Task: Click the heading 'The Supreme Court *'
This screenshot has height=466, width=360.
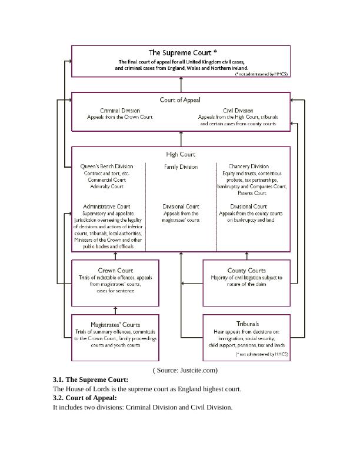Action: coord(181,52)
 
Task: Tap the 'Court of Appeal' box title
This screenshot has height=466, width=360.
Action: coord(181,99)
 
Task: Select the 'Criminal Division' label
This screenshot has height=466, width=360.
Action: coord(120,110)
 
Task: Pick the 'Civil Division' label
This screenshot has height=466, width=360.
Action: coord(238,110)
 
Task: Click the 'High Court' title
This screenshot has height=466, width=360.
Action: coord(181,154)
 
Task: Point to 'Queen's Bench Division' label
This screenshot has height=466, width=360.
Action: coord(106,167)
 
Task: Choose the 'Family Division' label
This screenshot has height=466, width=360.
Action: coord(181,167)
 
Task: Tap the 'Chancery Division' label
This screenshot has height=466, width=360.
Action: coord(248,167)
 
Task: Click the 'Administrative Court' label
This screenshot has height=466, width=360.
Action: coord(106,207)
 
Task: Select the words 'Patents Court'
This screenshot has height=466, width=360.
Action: coord(252,193)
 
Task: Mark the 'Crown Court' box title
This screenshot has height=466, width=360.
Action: coord(116,271)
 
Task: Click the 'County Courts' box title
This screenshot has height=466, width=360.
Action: coord(246,271)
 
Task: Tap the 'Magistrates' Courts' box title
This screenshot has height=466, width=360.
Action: coord(115,324)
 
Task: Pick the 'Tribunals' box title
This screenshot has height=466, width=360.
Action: coord(247,324)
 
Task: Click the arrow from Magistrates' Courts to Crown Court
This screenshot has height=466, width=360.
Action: coord(115,310)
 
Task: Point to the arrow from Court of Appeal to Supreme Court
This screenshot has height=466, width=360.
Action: coord(181,85)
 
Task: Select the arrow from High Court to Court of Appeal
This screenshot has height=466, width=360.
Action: coord(181,138)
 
